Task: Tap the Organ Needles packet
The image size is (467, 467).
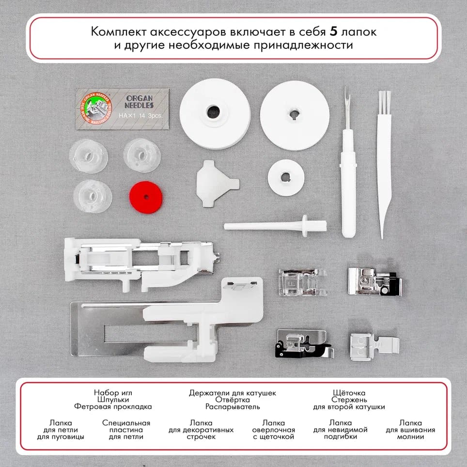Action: tap(123, 109)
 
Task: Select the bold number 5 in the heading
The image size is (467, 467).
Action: tap(333, 32)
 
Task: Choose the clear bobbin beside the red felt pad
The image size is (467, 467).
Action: tap(92, 196)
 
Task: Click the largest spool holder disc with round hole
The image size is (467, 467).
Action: tap(215, 113)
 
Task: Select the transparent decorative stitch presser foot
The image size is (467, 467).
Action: tap(302, 281)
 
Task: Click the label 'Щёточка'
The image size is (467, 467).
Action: tap(349, 393)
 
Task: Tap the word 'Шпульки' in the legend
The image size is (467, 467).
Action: tap(113, 400)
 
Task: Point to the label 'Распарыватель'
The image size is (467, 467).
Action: tap(232, 407)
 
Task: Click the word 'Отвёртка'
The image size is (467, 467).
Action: tap(232, 400)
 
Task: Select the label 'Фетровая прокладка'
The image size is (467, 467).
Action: tap(113, 407)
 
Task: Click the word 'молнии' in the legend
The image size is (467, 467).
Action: tap(410, 436)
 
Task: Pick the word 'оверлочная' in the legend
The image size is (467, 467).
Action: tap(274, 430)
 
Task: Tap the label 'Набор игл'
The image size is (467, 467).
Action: tap(113, 393)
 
